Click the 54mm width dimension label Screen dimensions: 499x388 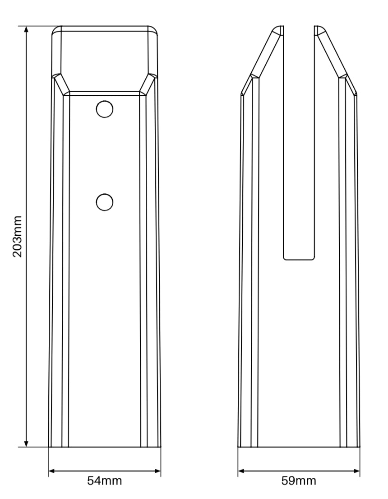click(104, 480)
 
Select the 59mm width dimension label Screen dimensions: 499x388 click(299, 480)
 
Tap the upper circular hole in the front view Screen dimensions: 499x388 click(104, 109)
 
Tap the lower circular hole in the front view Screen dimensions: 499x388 click(104, 201)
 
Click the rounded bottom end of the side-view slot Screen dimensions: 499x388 click(299, 258)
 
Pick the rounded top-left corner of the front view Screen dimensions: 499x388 click(56, 30)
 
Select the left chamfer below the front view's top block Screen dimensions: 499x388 click(61, 84)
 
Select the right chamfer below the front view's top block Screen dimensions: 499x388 click(148, 84)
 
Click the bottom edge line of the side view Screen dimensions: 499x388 click(299, 448)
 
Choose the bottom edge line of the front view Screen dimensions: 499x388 click(104, 448)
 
